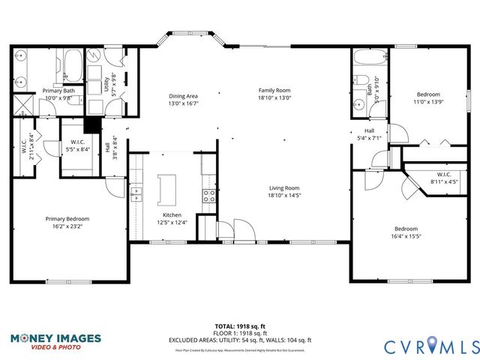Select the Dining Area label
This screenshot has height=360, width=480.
tap(183, 96)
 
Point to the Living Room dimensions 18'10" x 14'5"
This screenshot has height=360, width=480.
tap(285, 196)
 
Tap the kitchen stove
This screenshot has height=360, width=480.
tap(209, 196)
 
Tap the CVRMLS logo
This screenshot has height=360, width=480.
tap(430, 346)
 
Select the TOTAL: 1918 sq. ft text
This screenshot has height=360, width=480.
tap(240, 326)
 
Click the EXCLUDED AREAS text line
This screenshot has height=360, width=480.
tap(240, 340)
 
